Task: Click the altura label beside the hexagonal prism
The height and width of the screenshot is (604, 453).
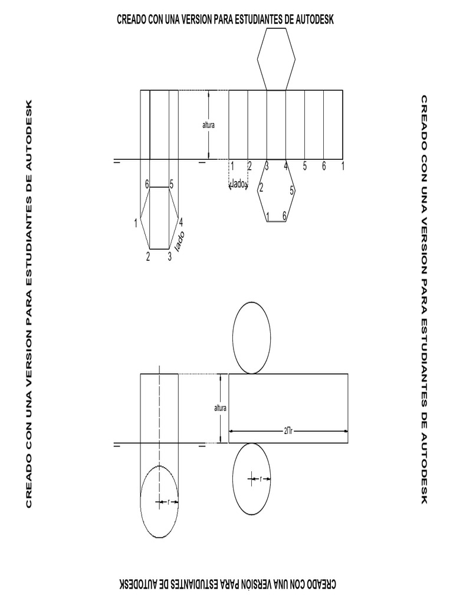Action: click(208, 125)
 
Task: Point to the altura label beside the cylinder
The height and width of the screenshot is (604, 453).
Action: click(220, 408)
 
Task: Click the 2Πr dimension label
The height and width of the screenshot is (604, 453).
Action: click(288, 431)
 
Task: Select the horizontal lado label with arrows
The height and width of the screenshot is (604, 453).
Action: click(238, 185)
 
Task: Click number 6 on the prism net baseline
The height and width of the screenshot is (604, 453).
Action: click(324, 166)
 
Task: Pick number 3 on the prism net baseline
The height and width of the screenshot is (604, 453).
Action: click(267, 166)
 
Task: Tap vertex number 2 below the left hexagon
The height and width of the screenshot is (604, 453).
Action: click(148, 257)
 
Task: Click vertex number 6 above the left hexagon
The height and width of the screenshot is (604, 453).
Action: click(147, 185)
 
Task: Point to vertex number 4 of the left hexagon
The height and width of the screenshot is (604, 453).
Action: click(181, 222)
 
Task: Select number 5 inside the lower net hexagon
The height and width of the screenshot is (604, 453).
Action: click(292, 191)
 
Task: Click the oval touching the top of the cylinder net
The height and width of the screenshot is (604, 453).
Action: click(252, 337)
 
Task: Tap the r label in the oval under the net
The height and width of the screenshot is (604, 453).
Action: click(261, 479)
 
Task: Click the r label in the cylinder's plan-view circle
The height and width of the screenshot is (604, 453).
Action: click(169, 503)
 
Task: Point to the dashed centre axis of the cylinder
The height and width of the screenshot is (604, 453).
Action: click(159, 413)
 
